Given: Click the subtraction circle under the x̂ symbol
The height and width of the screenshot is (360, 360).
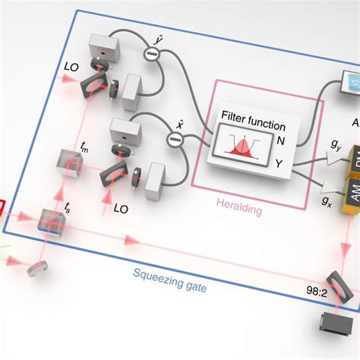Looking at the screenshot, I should (x=175, y=137).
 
